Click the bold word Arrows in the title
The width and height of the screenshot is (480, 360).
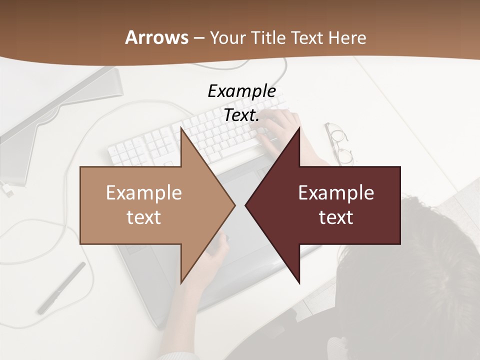(156, 37)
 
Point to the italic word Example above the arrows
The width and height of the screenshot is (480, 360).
(241, 91)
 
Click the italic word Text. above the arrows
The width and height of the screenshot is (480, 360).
(241, 115)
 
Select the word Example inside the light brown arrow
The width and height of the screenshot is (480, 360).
(144, 192)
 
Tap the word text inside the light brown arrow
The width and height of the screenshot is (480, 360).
(144, 217)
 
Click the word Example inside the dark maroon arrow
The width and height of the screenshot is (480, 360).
(336, 192)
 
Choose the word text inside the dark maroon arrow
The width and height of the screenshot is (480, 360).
(336, 217)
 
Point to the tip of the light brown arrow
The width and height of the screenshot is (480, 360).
(234, 205)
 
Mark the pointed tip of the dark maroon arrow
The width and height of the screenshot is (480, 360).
(245, 205)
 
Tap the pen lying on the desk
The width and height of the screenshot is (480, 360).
(61, 288)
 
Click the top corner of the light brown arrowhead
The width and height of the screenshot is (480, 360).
(181, 128)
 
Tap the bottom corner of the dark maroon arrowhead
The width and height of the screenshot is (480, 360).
(299, 282)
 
